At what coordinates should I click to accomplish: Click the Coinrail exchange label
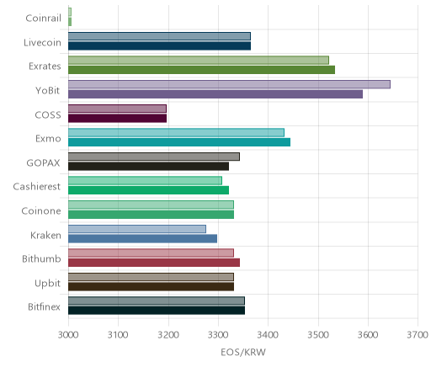click(x=43, y=19)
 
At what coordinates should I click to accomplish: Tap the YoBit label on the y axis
click(x=48, y=90)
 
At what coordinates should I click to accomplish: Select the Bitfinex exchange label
click(x=44, y=306)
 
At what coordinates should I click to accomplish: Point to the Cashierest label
click(x=37, y=187)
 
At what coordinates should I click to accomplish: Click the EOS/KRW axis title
click(x=243, y=352)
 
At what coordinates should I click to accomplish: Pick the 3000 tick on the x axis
click(x=68, y=335)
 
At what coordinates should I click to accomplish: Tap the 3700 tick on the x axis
click(x=418, y=335)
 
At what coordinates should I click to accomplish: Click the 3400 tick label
click(x=268, y=335)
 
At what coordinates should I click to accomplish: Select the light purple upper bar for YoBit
click(x=229, y=84)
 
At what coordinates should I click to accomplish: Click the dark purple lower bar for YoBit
click(x=215, y=94)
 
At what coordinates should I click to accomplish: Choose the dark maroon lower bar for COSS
click(x=117, y=119)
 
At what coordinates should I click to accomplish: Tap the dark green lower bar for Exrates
click(x=201, y=70)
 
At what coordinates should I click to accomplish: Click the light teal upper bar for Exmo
click(x=176, y=133)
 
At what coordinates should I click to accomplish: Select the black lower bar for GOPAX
click(x=148, y=167)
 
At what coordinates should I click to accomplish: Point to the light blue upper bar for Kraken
click(x=137, y=229)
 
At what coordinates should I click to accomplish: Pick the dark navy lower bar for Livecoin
click(x=159, y=46)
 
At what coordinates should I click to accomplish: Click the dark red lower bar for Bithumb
click(x=154, y=263)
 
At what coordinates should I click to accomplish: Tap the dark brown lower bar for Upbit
click(x=151, y=287)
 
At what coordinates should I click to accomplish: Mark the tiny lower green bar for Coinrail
click(x=70, y=22)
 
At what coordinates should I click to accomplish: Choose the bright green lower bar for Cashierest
click(x=148, y=190)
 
